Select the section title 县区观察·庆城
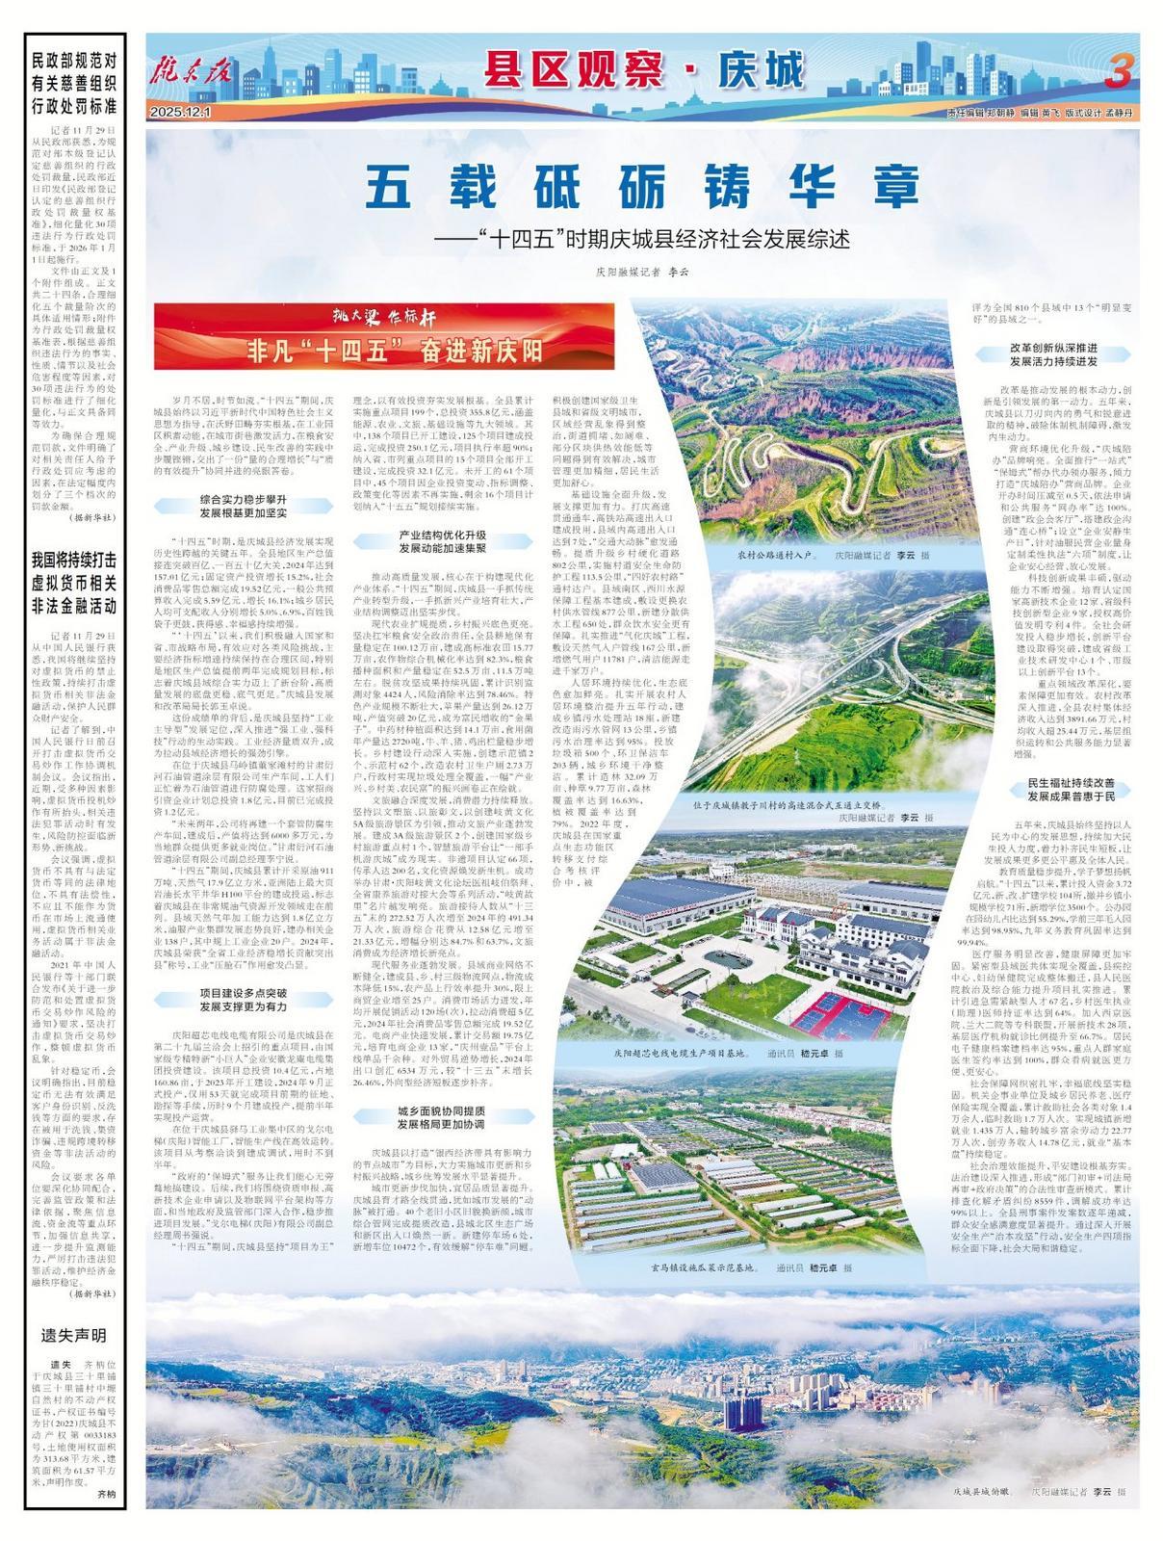tap(642, 70)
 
